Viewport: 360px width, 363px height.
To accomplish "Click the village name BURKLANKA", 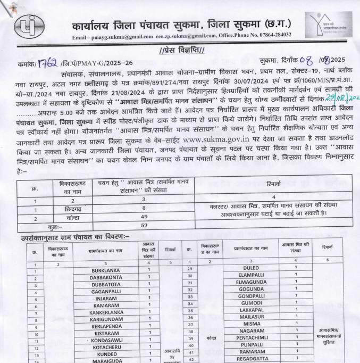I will tap(105, 270).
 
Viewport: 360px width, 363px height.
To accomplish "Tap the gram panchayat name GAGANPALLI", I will tap(105, 292).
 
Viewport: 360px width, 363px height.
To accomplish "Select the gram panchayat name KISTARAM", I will tap(105, 333).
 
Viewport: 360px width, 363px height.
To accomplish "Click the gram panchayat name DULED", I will tap(250, 268).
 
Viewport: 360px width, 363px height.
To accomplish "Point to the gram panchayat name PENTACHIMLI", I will tap(250, 337).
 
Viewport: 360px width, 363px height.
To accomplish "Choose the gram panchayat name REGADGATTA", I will tap(250, 359).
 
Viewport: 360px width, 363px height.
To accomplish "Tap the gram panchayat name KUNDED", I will tap(105, 354).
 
